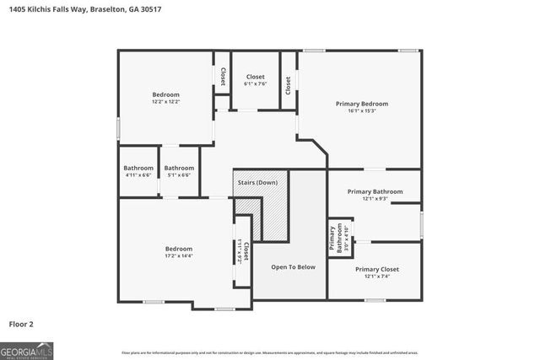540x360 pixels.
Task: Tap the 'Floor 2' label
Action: click(x=22, y=323)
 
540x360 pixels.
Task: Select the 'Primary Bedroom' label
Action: click(x=362, y=103)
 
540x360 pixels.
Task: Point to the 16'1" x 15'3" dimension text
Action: click(x=362, y=110)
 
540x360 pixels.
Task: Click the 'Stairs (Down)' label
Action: click(x=257, y=182)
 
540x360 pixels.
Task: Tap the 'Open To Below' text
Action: click(x=293, y=266)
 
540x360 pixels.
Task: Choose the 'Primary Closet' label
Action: click(x=377, y=269)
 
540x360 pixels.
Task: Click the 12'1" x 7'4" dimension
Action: click(x=377, y=277)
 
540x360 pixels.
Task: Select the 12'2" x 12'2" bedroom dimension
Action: click(x=166, y=101)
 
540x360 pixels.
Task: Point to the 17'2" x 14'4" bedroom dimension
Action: click(x=179, y=256)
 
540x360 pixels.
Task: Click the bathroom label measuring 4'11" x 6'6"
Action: click(x=138, y=168)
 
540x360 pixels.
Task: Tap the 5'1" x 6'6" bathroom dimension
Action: click(x=179, y=175)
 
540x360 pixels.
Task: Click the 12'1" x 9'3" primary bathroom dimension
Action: click(x=375, y=199)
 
